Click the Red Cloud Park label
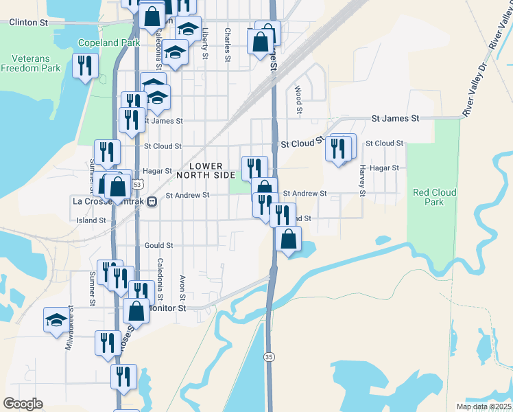click(x=428, y=197)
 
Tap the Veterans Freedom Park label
click(x=30, y=62)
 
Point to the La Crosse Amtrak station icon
click(x=152, y=202)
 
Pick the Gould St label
click(x=158, y=245)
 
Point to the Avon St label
click(x=182, y=288)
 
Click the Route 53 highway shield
click(x=138, y=184)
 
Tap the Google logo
click(x=23, y=404)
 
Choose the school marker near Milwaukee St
click(x=56, y=319)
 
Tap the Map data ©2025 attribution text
click(x=483, y=407)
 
